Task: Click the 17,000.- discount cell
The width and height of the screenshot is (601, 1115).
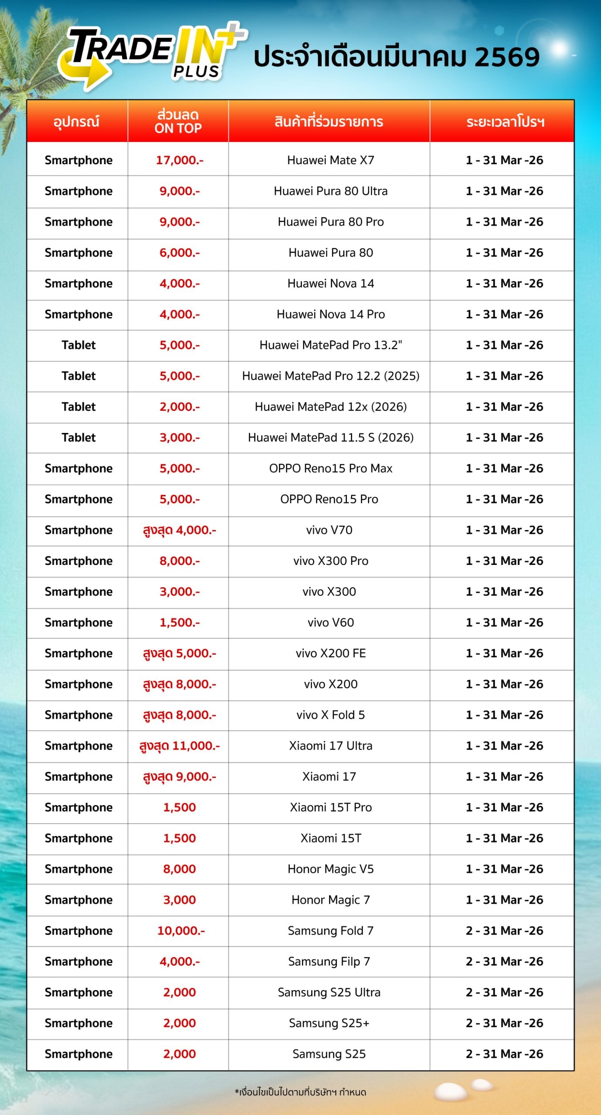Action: point(180,160)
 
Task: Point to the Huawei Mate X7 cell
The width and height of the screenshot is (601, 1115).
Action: point(330,160)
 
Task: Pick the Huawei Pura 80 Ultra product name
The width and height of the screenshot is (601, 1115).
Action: point(330,191)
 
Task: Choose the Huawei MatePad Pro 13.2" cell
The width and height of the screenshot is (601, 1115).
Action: point(330,345)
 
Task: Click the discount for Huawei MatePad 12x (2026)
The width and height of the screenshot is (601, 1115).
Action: point(180,407)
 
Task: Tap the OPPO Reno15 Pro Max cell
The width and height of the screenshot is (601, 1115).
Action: point(330,469)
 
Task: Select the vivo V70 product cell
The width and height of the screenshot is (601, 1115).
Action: point(329,530)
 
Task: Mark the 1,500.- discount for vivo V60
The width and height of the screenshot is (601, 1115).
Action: point(180,623)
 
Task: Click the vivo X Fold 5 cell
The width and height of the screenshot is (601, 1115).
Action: point(330,715)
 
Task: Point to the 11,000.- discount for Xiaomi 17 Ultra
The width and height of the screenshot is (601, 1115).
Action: point(180,746)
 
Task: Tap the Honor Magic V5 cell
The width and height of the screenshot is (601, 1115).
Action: point(330,869)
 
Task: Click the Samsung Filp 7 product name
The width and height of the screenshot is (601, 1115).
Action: point(329,962)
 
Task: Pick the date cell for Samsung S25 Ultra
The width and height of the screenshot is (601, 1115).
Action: point(504,993)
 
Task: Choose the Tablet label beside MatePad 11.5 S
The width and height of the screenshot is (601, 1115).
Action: point(78,438)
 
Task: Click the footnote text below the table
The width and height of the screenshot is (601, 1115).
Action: point(300,1092)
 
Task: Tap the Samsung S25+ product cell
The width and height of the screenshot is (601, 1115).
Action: point(329,1024)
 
